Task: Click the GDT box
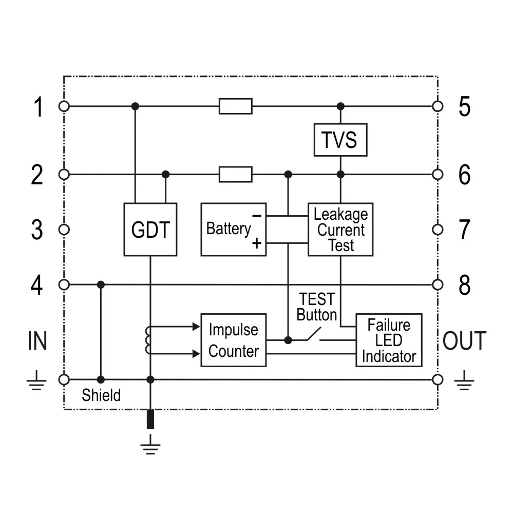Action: tap(150, 230)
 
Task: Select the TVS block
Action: tap(340, 140)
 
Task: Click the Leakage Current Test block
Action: tap(340, 230)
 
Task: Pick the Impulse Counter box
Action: tap(233, 340)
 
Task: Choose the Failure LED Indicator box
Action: tap(389, 340)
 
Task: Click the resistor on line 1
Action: tap(235, 106)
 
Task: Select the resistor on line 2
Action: tap(235, 175)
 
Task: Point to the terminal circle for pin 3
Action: tap(64, 230)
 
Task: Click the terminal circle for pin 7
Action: tap(438, 230)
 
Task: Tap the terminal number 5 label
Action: tap(464, 107)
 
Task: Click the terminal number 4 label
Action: tap(37, 286)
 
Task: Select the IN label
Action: tap(37, 341)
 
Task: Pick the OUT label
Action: tap(464, 341)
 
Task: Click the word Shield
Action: tap(101, 395)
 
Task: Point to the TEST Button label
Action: tap(317, 307)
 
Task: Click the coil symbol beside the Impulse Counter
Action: tap(148, 340)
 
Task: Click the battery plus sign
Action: tap(257, 243)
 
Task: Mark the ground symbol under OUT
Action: tap(464, 381)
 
